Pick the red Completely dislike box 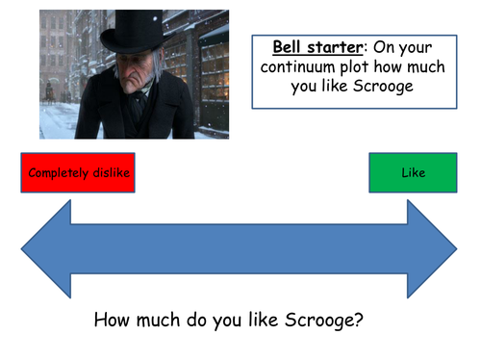tap(76, 172)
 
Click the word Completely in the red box tap(57, 173)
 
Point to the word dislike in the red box tap(108, 173)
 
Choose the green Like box tap(413, 172)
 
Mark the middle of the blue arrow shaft tap(239, 248)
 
